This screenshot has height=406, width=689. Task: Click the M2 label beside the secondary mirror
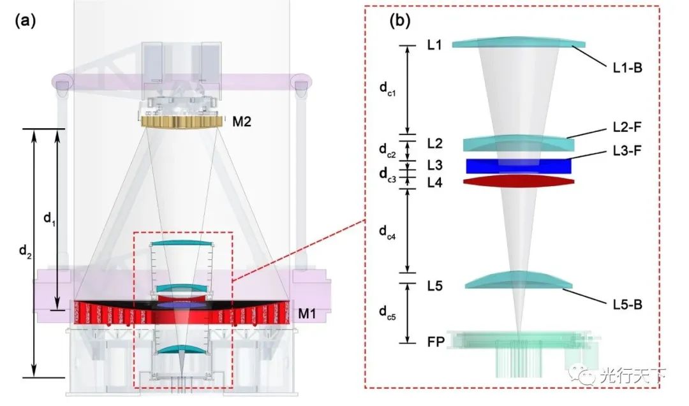242,122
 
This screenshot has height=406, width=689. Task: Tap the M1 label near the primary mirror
307,314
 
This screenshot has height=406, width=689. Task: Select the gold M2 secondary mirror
181,122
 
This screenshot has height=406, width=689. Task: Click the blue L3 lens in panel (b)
519,166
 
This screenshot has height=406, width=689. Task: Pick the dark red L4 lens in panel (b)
519,181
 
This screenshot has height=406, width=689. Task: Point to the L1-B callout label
628,68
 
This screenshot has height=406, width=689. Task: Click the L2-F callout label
627,127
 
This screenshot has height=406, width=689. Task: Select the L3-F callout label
627,150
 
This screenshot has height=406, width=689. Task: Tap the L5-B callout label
628,304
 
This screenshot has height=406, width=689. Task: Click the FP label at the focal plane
436,342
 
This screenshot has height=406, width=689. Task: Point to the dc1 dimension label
388,89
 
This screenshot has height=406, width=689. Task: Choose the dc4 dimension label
388,232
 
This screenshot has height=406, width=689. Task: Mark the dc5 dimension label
388,312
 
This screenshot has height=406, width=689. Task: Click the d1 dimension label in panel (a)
50,219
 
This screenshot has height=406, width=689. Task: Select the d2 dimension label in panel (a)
26,252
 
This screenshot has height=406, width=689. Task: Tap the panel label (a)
25,20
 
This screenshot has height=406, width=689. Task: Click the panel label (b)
400,20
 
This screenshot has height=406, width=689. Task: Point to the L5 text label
435,286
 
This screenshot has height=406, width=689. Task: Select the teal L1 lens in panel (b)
519,42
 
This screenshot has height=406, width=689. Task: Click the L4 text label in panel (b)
435,182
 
